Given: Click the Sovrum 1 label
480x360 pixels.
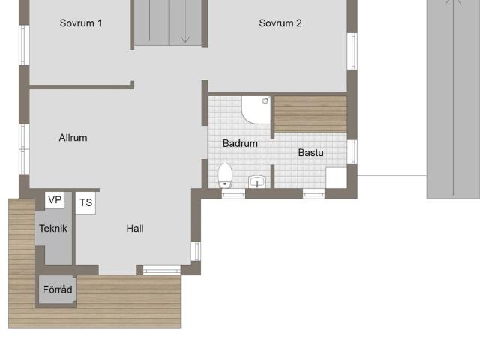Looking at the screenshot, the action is pos(81,23).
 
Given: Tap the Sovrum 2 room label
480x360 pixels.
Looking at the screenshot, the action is pos(280,23).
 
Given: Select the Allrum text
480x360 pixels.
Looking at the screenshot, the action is pos(73,138).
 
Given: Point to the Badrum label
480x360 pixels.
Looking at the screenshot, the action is pos(240,143).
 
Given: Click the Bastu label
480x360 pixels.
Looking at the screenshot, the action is pos(311,152).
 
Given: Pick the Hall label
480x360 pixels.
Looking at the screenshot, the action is pos(135,228).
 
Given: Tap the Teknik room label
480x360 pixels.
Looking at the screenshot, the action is pos(53,228).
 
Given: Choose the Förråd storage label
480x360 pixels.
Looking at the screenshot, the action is pos(58,289).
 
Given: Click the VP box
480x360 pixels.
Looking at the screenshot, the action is pos(55,200).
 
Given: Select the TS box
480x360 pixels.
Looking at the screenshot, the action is pos(85,203).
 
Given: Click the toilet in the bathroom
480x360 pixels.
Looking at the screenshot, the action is pos(225,175).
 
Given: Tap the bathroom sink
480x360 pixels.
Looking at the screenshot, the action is pos(257,181).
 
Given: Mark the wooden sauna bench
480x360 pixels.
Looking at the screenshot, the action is pos(310,114).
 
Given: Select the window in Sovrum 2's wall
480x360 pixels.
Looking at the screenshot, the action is pos(352,51).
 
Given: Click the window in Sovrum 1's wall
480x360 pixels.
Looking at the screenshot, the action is pos(24,45).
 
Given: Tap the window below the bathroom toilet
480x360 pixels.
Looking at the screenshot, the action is pos(233,194).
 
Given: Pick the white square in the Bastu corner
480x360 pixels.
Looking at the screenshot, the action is pos(337,178).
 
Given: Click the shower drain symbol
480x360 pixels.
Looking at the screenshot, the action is pos(265,100).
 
